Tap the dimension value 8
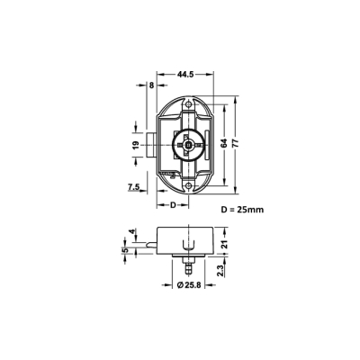coord(151,85)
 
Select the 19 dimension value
coord(136,145)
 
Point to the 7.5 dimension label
coord(133,187)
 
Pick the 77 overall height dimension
coord(236,143)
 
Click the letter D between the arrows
coord(173,205)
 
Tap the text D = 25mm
coord(242,210)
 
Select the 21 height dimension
coord(225,244)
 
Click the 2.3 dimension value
coord(220,271)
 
